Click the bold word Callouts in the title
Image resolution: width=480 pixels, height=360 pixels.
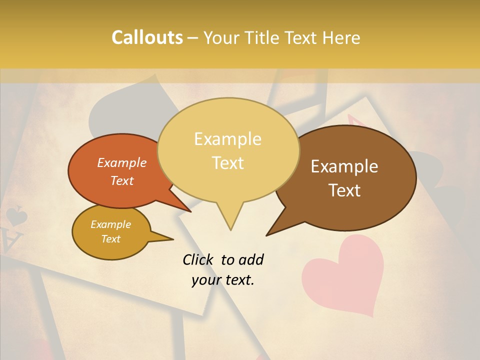pyautogui.click(x=147, y=37)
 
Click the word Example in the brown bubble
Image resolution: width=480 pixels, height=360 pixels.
pyautogui.click(x=344, y=166)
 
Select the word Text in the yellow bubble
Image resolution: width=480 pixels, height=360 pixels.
pyautogui.click(x=228, y=163)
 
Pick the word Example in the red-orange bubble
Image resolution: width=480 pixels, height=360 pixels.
pyautogui.click(x=122, y=162)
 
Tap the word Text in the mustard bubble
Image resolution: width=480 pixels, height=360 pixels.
pyautogui.click(x=111, y=239)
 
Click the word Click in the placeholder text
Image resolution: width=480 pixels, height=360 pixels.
pyautogui.click(x=199, y=259)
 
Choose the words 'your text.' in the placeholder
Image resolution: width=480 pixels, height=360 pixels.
pyautogui.click(x=222, y=280)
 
